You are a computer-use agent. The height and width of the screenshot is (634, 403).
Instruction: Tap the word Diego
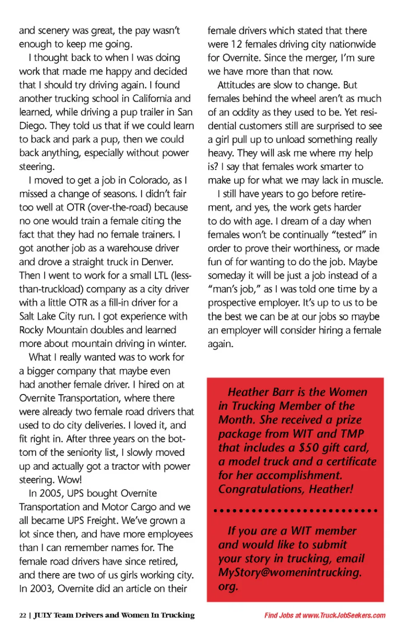(x=33, y=126)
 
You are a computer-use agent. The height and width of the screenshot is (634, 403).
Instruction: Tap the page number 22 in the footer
(x=23, y=615)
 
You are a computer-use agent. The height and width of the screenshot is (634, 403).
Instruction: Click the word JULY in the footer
(x=42, y=615)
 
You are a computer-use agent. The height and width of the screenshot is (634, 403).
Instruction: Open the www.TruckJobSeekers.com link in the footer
(x=344, y=615)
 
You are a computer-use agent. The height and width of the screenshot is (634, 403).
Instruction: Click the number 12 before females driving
(x=236, y=44)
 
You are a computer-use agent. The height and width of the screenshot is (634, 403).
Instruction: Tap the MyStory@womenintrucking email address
(x=290, y=572)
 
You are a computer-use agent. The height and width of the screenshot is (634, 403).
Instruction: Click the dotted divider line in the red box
(x=296, y=511)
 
